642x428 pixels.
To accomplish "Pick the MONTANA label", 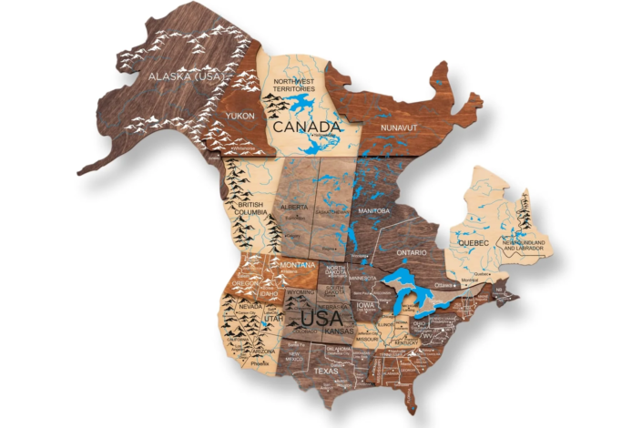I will [x=298, y=264].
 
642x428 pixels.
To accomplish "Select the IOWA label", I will [x=366, y=305].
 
